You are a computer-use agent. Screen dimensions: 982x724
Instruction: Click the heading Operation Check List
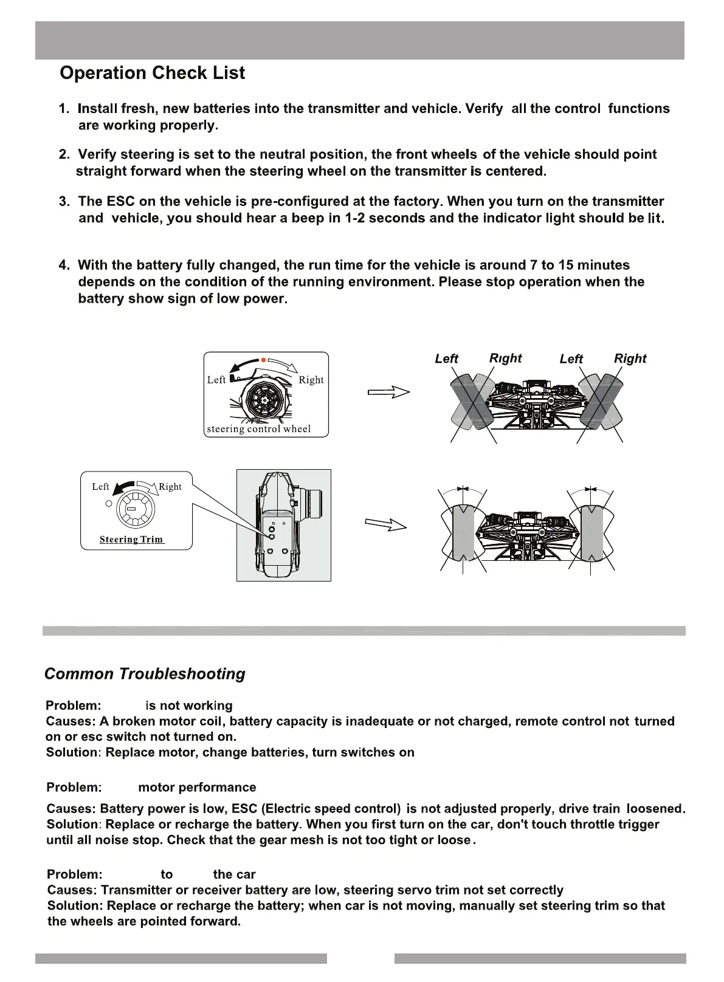[152, 73]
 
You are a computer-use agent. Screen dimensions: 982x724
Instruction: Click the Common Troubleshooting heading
[145, 673]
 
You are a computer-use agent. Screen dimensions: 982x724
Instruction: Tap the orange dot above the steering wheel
[263, 359]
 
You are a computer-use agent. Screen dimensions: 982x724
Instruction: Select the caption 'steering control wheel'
[258, 429]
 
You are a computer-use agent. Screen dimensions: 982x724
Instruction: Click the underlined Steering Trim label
[131, 540]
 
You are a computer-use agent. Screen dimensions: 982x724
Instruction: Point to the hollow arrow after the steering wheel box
[388, 393]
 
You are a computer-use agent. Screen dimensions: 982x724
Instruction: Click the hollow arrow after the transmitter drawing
[385, 524]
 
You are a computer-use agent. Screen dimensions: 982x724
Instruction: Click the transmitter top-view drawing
[284, 525]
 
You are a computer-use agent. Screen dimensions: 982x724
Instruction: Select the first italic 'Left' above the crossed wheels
[446, 359]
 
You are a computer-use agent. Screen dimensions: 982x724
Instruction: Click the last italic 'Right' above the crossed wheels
[630, 359]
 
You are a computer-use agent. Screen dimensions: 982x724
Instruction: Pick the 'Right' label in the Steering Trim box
[170, 487]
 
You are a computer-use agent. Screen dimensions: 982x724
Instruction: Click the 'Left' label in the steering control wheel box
[216, 380]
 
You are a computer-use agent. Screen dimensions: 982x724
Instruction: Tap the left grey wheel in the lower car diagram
[463, 532]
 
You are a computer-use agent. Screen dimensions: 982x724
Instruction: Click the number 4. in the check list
[64, 265]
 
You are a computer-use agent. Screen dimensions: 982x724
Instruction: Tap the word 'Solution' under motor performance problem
[72, 825]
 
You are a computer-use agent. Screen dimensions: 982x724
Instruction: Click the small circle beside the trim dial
[109, 503]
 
